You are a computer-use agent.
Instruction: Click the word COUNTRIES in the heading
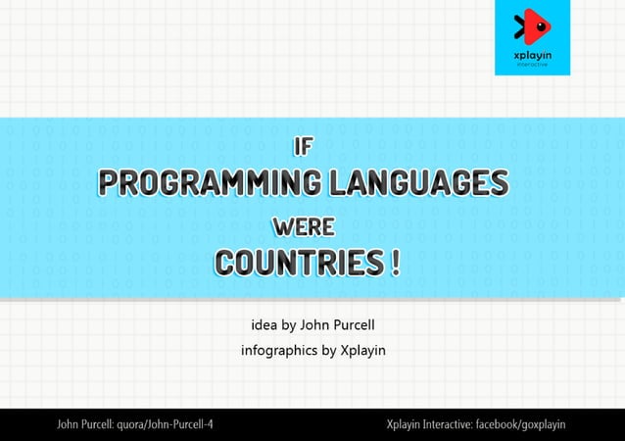tap(299, 265)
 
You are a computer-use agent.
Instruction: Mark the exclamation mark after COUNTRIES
tap(395, 265)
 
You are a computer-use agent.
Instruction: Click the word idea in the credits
tap(264, 325)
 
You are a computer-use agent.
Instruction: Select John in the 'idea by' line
tap(316, 325)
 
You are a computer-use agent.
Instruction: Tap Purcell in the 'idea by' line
tap(364, 325)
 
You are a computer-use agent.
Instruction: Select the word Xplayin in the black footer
tap(405, 424)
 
